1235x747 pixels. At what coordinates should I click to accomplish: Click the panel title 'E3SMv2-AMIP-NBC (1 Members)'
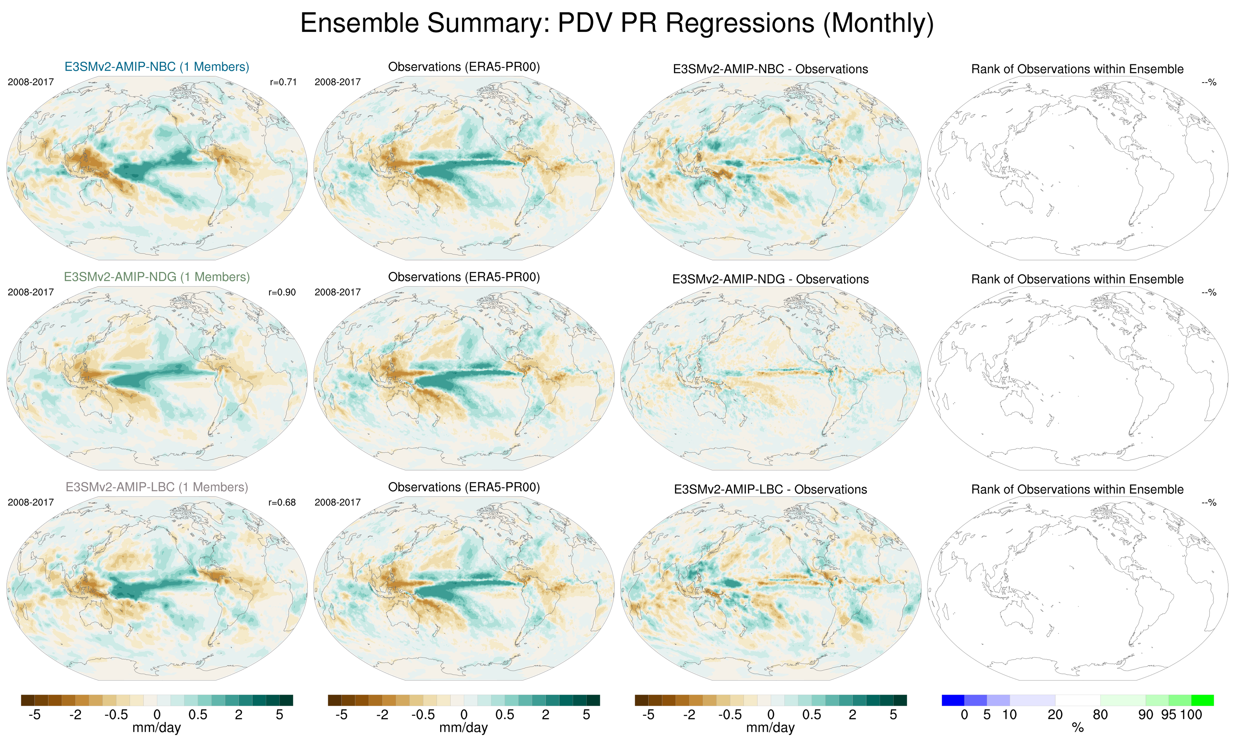point(156,67)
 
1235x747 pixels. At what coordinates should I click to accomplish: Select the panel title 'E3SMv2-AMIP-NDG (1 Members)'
point(156,277)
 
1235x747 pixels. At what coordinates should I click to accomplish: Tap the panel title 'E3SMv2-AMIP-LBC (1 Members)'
point(156,487)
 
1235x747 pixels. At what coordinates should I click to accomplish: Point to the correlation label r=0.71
point(283,82)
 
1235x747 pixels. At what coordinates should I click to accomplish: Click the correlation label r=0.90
point(282,292)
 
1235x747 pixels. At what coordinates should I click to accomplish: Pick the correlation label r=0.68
point(282,502)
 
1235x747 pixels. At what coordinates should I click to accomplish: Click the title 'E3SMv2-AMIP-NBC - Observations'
point(770,69)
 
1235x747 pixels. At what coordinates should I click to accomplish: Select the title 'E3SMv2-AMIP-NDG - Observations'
point(770,279)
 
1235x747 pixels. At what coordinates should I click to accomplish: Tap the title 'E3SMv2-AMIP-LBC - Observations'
point(770,490)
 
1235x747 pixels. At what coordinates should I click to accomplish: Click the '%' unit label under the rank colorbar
point(1077,728)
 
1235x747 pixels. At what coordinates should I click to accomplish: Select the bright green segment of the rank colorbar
point(1202,700)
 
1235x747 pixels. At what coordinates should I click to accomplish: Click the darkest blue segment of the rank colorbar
point(953,700)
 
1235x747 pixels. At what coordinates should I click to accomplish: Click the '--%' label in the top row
point(1209,82)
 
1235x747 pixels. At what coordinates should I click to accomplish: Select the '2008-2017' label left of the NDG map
point(31,292)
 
